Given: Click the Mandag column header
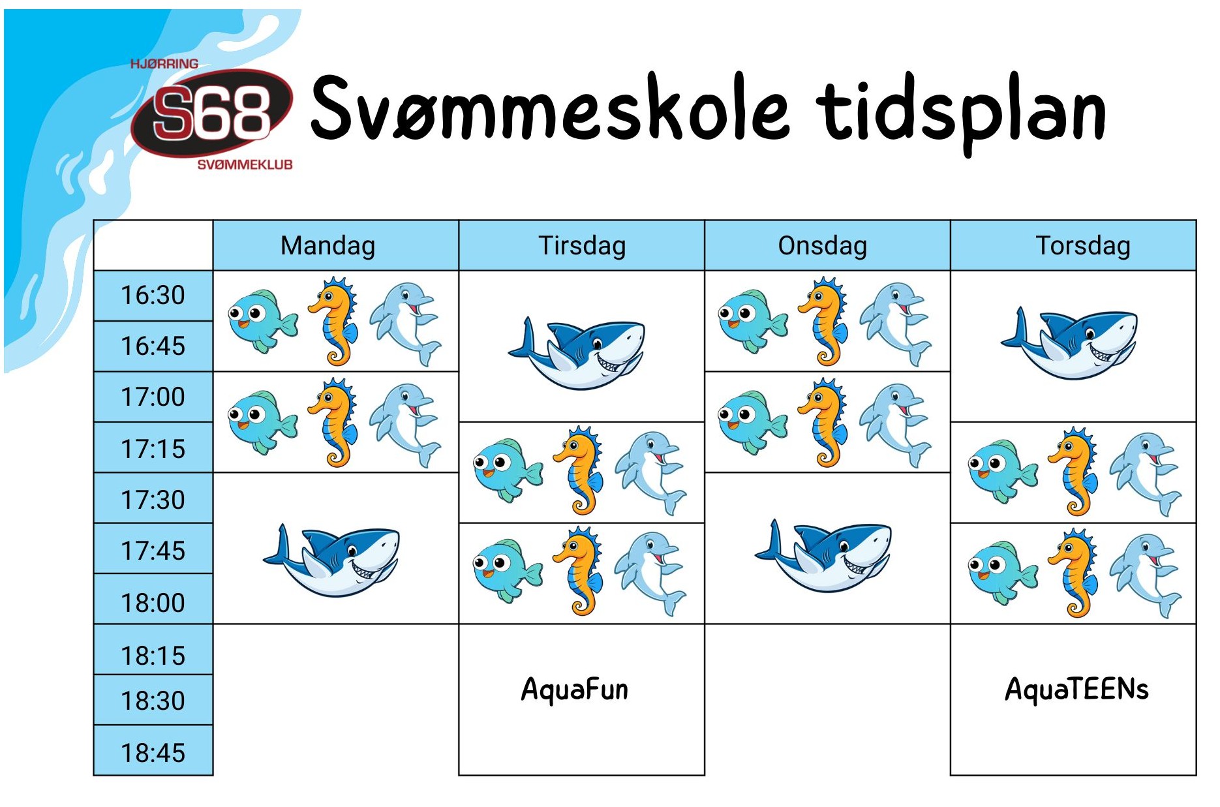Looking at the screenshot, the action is (x=328, y=246).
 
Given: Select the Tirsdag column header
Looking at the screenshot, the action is (x=582, y=246).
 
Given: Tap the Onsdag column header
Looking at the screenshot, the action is (x=822, y=246).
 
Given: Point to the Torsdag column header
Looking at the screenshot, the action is (x=1083, y=246).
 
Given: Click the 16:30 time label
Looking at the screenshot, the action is (x=153, y=295).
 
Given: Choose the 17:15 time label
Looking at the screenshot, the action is (x=153, y=449).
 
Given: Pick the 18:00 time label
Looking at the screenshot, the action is (x=153, y=603).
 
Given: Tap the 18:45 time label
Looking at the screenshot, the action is (x=153, y=753).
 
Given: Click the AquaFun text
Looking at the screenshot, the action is (x=575, y=690).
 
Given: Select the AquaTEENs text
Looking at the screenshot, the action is (x=1076, y=689).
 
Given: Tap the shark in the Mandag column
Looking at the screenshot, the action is (x=331, y=560).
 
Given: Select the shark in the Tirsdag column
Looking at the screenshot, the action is (x=577, y=353).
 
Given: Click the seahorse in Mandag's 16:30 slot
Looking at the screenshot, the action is (x=333, y=322).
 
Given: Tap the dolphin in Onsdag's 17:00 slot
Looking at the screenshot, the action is (x=896, y=425).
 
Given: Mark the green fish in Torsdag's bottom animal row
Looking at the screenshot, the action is (x=1003, y=573).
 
